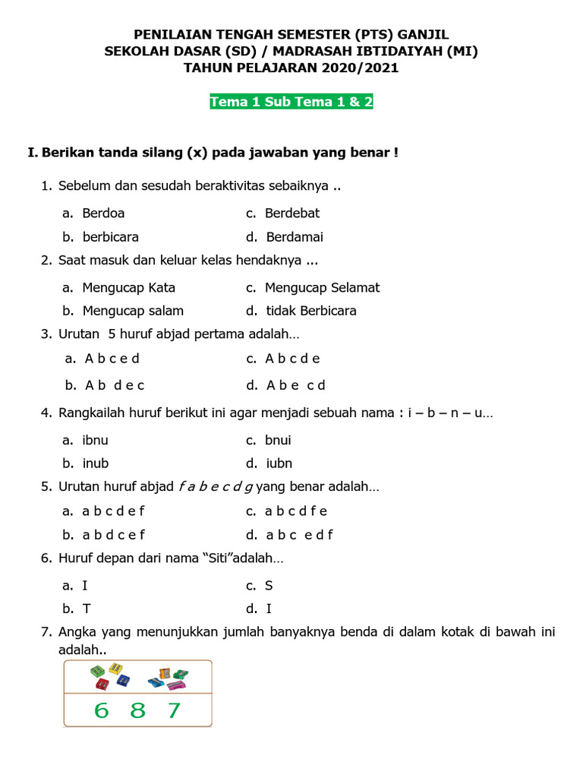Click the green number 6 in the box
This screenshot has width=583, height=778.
coord(102,710)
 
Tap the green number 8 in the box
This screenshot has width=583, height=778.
coord(137,710)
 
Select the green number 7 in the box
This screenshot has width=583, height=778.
coord(174,710)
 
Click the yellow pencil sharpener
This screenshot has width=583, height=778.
coord(115,669)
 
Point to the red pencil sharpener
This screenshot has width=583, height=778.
coord(101,684)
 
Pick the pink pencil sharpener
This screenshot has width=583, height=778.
coord(176,685)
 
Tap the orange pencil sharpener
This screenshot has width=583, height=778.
coord(164,672)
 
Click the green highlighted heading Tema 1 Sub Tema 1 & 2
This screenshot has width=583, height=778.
coord(291,102)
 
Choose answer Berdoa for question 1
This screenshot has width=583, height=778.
coord(103,213)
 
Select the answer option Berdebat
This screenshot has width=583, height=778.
coord(291,213)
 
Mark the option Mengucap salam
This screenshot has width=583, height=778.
coord(133,311)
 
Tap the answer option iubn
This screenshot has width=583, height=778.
coord(279,463)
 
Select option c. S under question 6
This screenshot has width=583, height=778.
coord(269,586)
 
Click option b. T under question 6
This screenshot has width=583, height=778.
coord(87,609)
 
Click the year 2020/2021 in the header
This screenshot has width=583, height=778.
coord(359,68)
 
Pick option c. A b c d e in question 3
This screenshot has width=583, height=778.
coord(292,359)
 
